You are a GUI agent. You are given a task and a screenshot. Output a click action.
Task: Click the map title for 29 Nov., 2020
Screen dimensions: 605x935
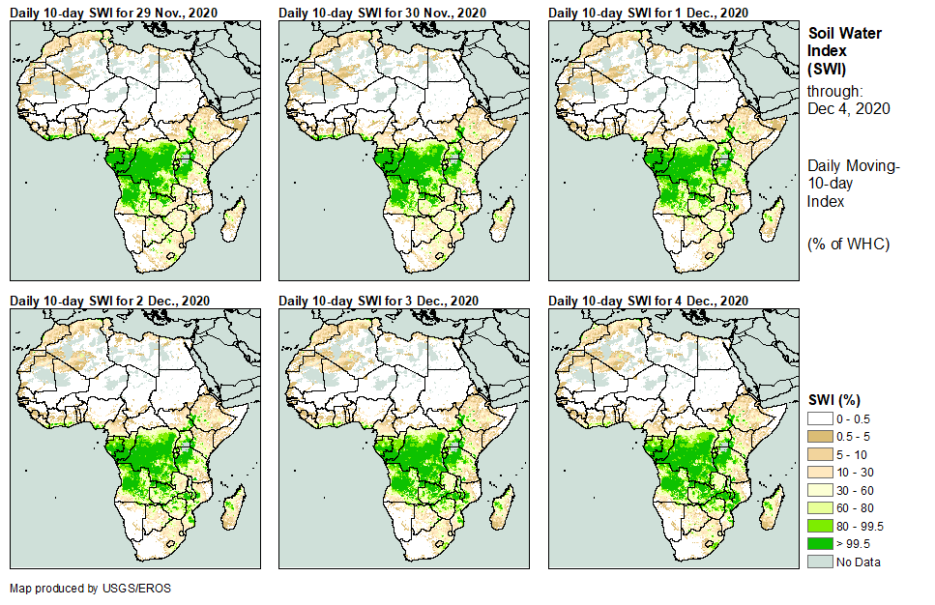point(111,12)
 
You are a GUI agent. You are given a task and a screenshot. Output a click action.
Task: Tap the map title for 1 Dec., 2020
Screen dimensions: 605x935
point(648,12)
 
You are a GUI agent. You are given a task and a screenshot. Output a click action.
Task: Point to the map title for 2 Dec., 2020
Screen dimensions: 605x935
point(110,302)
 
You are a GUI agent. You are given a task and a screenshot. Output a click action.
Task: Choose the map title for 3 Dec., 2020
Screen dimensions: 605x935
point(379,302)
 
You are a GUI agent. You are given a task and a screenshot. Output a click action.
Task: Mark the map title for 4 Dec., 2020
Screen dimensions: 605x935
point(648,302)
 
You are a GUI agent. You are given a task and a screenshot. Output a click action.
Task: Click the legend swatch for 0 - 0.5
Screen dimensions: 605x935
point(820,418)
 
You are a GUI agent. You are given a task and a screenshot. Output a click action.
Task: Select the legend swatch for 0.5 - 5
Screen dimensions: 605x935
point(820,436)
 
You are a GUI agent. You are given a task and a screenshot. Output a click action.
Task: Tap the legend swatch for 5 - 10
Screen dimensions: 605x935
point(820,453)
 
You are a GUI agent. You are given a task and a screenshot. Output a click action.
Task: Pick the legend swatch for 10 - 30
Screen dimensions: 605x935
point(820,472)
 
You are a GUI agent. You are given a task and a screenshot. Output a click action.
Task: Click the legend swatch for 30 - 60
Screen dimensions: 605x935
point(820,490)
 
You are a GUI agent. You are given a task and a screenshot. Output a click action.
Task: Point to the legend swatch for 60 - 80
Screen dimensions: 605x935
point(820,507)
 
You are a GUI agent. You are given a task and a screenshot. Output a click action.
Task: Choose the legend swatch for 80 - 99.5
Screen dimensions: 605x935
point(820,526)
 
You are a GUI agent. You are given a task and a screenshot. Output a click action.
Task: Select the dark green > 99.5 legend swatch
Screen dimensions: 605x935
point(820,544)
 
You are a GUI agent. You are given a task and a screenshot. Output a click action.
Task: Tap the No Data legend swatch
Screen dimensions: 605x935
point(820,562)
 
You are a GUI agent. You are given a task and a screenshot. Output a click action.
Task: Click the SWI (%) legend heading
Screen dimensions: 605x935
point(834,399)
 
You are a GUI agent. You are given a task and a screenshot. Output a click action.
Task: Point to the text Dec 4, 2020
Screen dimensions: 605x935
point(848,108)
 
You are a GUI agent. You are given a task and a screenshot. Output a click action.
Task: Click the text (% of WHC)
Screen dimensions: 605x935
point(848,244)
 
